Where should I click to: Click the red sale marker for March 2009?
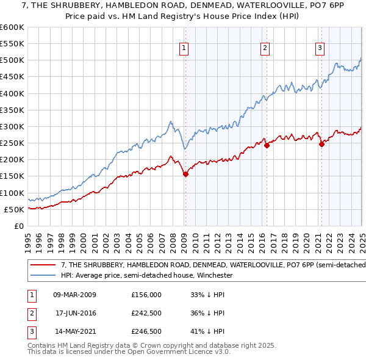[185, 174]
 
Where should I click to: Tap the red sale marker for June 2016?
[267, 145]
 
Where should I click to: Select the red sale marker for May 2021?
[321, 144]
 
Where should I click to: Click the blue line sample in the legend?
[44, 275]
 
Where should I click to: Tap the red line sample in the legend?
[44, 265]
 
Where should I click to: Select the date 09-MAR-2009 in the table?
[74, 295]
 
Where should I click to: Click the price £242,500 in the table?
[146, 314]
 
